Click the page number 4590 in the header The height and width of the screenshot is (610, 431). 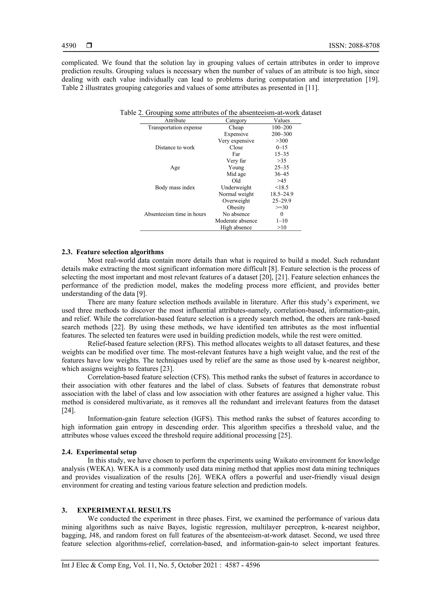(69, 46)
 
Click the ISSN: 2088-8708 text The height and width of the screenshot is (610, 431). (354, 46)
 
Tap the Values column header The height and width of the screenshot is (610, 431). (282, 120)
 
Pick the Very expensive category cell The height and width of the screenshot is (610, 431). (236, 141)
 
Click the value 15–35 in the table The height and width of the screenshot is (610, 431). (282, 154)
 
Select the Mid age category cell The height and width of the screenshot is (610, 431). (236, 174)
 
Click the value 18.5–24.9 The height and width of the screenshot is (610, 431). (282, 194)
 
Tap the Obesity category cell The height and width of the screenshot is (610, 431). (236, 207)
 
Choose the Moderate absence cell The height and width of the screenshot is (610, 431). (236, 221)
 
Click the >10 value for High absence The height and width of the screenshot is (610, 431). (282, 227)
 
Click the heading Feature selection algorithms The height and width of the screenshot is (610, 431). (120, 252)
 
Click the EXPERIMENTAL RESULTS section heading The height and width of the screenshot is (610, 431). (124, 510)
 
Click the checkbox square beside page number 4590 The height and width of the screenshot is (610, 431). (89, 46)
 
